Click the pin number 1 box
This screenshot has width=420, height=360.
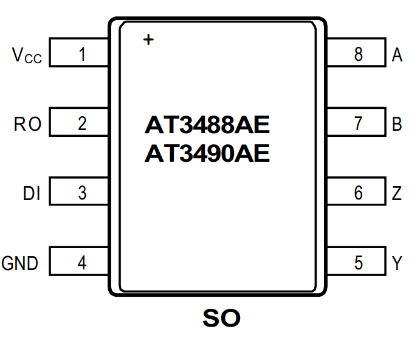click(80, 54)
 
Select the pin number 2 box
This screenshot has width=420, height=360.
click(80, 123)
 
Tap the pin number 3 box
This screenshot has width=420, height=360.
click(80, 193)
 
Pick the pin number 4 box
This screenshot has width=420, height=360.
click(80, 263)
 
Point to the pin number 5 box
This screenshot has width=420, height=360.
click(357, 263)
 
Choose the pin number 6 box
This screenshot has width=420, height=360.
click(357, 193)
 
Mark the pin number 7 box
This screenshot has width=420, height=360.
click(357, 123)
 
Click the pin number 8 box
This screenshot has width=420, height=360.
click(357, 54)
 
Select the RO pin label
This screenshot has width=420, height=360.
click(28, 124)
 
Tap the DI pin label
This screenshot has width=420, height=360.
click(32, 194)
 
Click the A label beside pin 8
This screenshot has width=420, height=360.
click(398, 55)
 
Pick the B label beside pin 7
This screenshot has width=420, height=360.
click(398, 124)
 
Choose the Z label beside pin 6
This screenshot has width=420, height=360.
click(398, 194)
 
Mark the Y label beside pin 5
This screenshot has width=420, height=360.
click(398, 263)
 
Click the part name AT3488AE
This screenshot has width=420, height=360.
click(207, 125)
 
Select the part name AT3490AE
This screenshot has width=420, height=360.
click(207, 153)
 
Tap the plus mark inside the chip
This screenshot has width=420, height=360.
click(148, 40)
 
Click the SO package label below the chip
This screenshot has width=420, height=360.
click(221, 317)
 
